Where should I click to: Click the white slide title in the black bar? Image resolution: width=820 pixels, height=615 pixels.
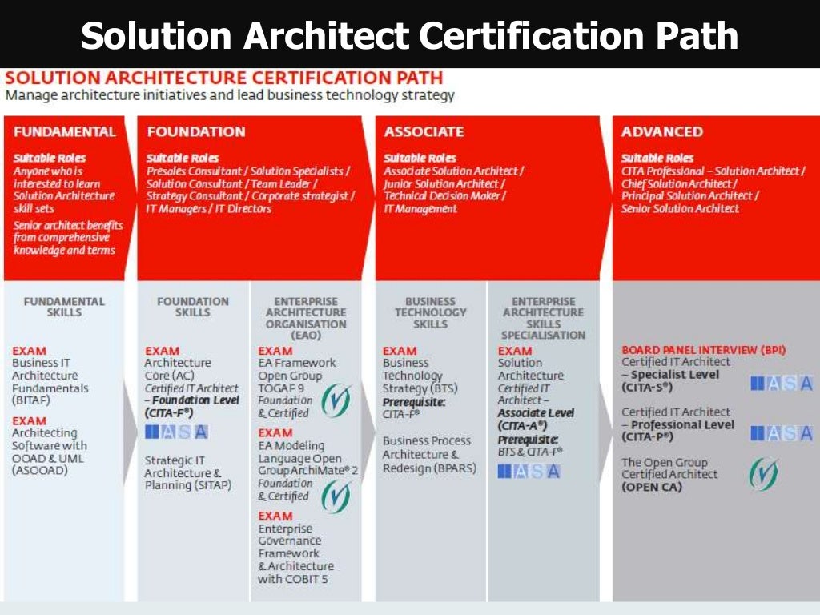click(409, 35)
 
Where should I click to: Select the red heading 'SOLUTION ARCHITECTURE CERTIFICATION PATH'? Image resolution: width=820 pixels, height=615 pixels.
click(224, 78)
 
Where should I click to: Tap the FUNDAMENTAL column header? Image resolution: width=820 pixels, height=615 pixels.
click(64, 131)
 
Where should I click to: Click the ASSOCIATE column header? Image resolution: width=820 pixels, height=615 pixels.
click(424, 131)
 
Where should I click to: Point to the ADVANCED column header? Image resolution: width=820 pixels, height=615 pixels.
click(661, 131)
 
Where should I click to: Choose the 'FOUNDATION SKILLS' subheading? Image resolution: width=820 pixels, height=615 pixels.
click(192, 307)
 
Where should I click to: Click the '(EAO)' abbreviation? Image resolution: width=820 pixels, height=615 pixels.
click(306, 336)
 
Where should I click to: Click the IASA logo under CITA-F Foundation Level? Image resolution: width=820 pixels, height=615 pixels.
click(177, 432)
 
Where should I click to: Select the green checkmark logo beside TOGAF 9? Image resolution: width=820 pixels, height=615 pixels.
click(336, 400)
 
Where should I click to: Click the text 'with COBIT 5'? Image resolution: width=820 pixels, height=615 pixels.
click(293, 578)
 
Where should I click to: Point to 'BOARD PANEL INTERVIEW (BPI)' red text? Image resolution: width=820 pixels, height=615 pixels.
click(703, 350)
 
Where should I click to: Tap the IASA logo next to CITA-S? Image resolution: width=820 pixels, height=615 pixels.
click(781, 384)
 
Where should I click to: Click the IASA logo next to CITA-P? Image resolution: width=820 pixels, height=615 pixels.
click(781, 433)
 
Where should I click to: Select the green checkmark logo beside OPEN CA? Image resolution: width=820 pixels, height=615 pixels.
click(763, 474)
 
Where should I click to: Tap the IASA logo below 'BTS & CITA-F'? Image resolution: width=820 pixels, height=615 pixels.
click(529, 471)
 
